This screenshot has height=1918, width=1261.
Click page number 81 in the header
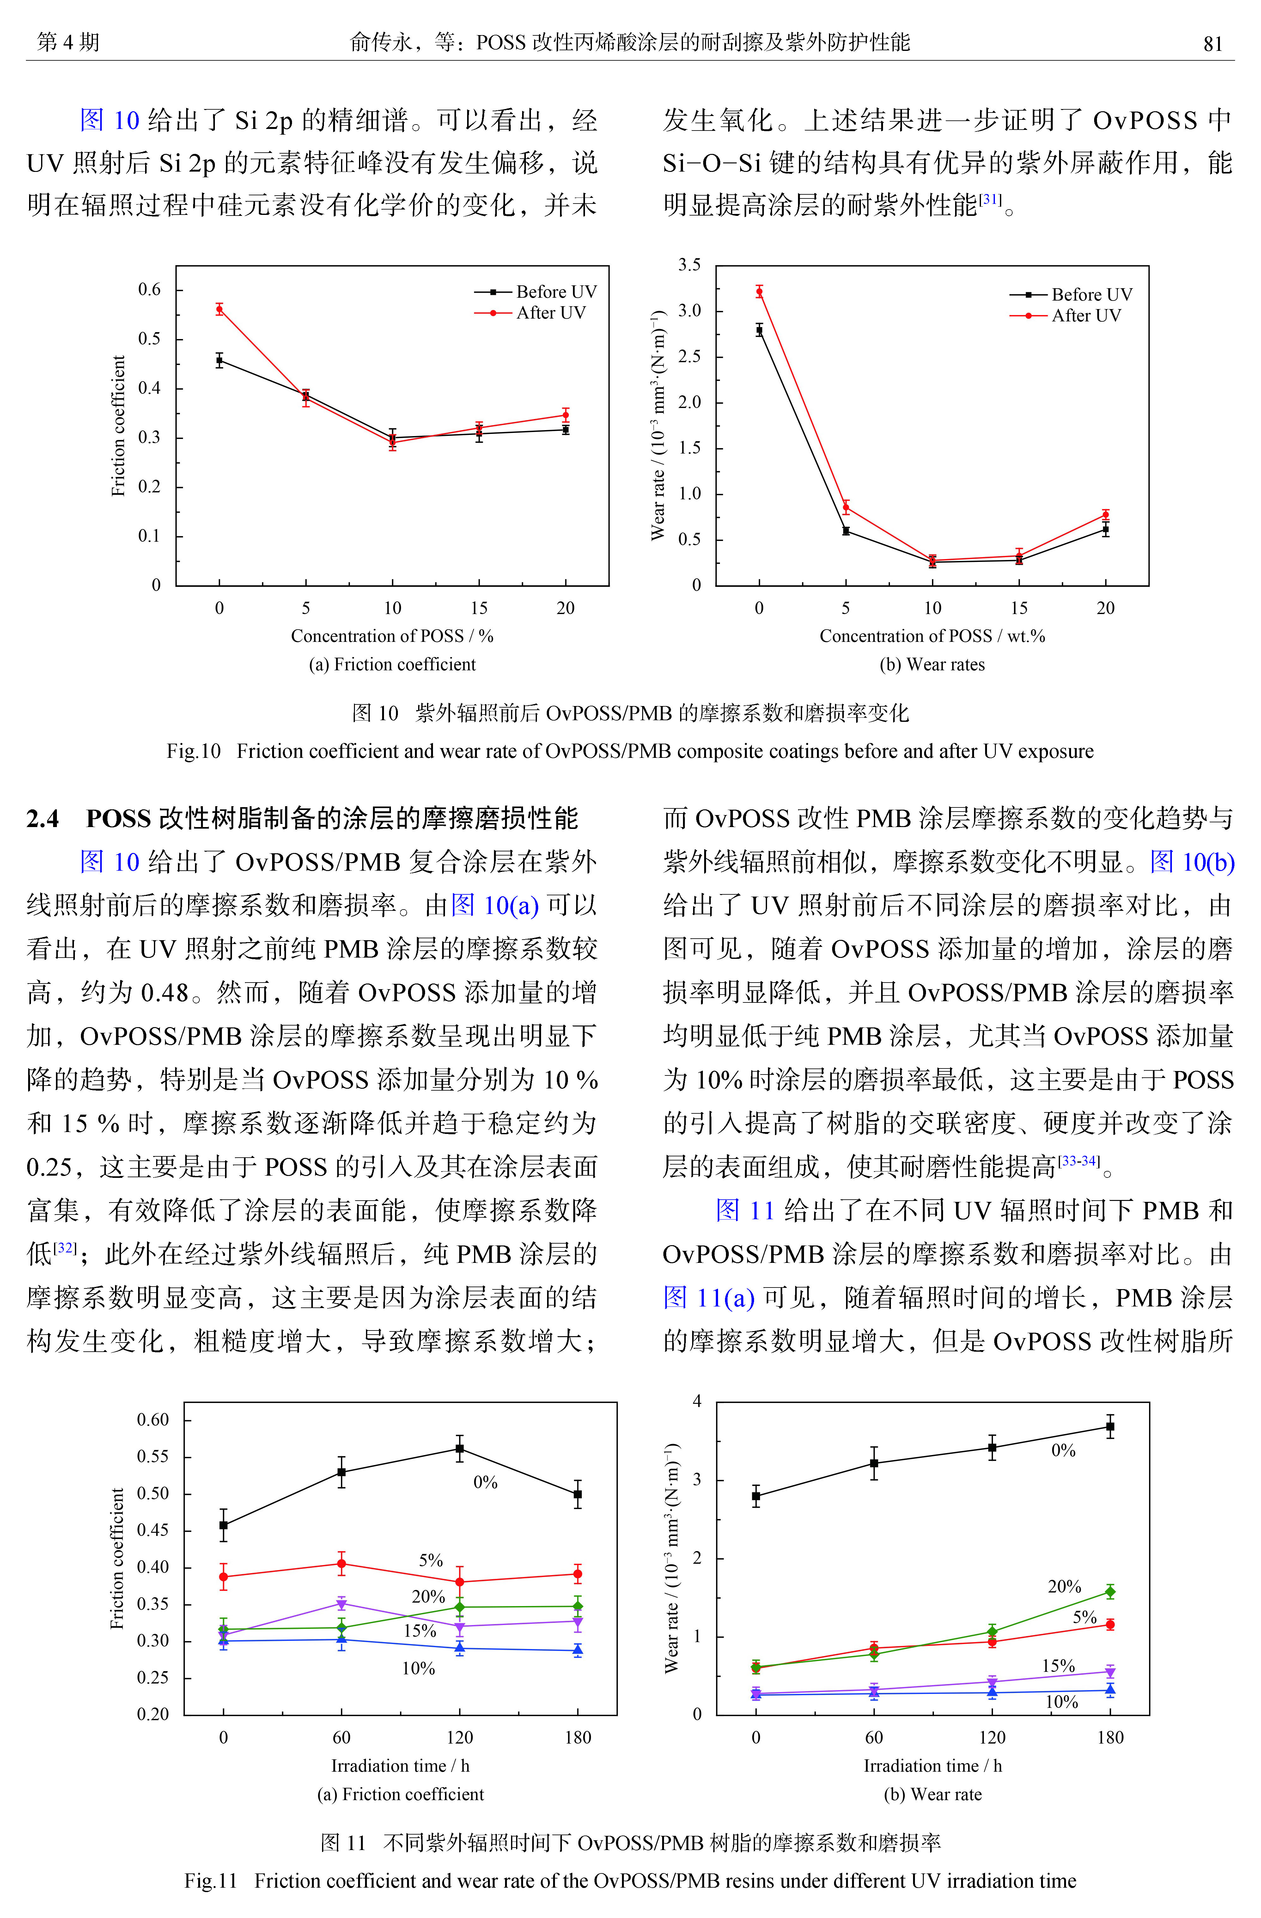[x=1213, y=43]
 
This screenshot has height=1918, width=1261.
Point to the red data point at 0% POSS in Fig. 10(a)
[x=219, y=309]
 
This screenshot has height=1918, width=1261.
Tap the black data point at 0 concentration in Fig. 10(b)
[x=759, y=330]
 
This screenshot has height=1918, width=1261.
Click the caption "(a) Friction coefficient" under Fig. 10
[x=393, y=664]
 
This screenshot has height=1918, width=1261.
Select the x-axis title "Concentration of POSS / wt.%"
[x=932, y=636]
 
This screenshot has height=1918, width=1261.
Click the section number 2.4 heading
[x=43, y=819]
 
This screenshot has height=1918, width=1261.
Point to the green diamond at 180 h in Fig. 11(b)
[x=1110, y=1592]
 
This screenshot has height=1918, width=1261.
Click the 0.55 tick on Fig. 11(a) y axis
[x=153, y=1456]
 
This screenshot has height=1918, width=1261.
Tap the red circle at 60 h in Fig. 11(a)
[x=342, y=1563]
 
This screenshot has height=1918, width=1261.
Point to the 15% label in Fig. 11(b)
[x=1059, y=1666]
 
